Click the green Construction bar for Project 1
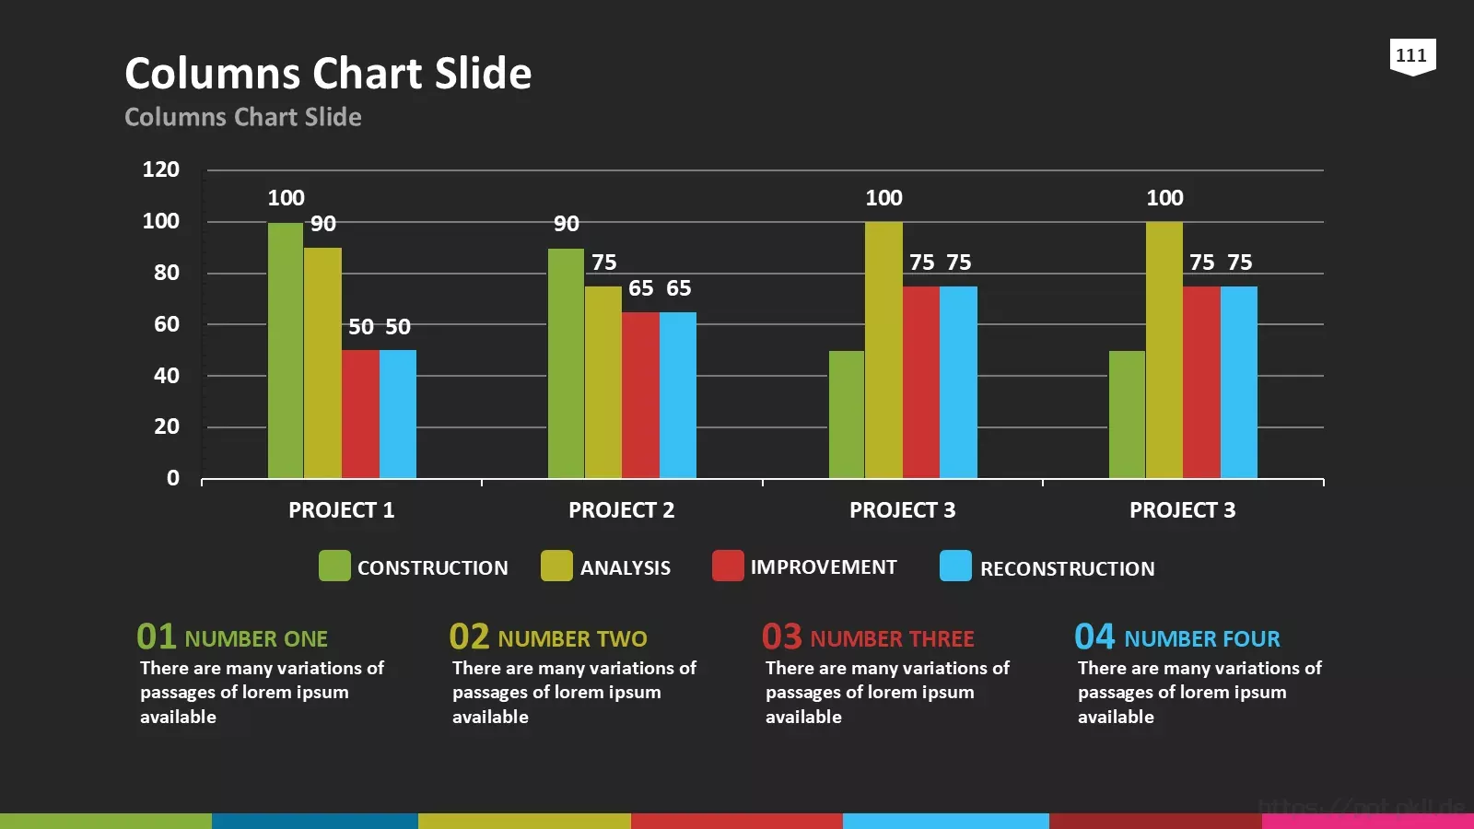click(286, 350)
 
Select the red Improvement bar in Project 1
click(360, 414)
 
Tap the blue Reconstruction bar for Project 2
click(678, 395)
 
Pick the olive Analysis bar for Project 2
click(603, 382)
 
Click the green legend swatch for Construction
click(334, 566)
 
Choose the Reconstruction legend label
click(1068, 568)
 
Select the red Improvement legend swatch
click(728, 566)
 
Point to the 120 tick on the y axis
click(161, 169)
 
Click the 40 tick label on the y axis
click(167, 376)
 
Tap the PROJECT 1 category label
click(342, 510)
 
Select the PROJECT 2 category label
click(622, 510)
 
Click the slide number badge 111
click(1413, 56)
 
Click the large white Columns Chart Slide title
click(328, 73)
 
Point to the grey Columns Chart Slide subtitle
click(243, 117)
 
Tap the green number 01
click(156, 636)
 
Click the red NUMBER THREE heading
click(893, 639)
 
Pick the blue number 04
click(1095, 636)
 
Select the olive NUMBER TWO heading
click(572, 639)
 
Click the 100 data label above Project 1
click(287, 198)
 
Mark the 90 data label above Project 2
click(567, 224)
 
